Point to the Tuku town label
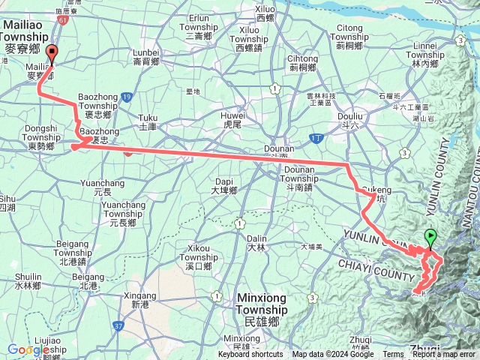pyautogui.click(x=148, y=121)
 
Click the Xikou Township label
pyautogui.click(x=199, y=253)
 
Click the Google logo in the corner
pyautogui.click(x=28, y=349)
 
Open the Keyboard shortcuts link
pyautogui.click(x=250, y=355)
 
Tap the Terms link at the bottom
pyautogui.click(x=393, y=355)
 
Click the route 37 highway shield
pyautogui.click(x=118, y=325)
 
